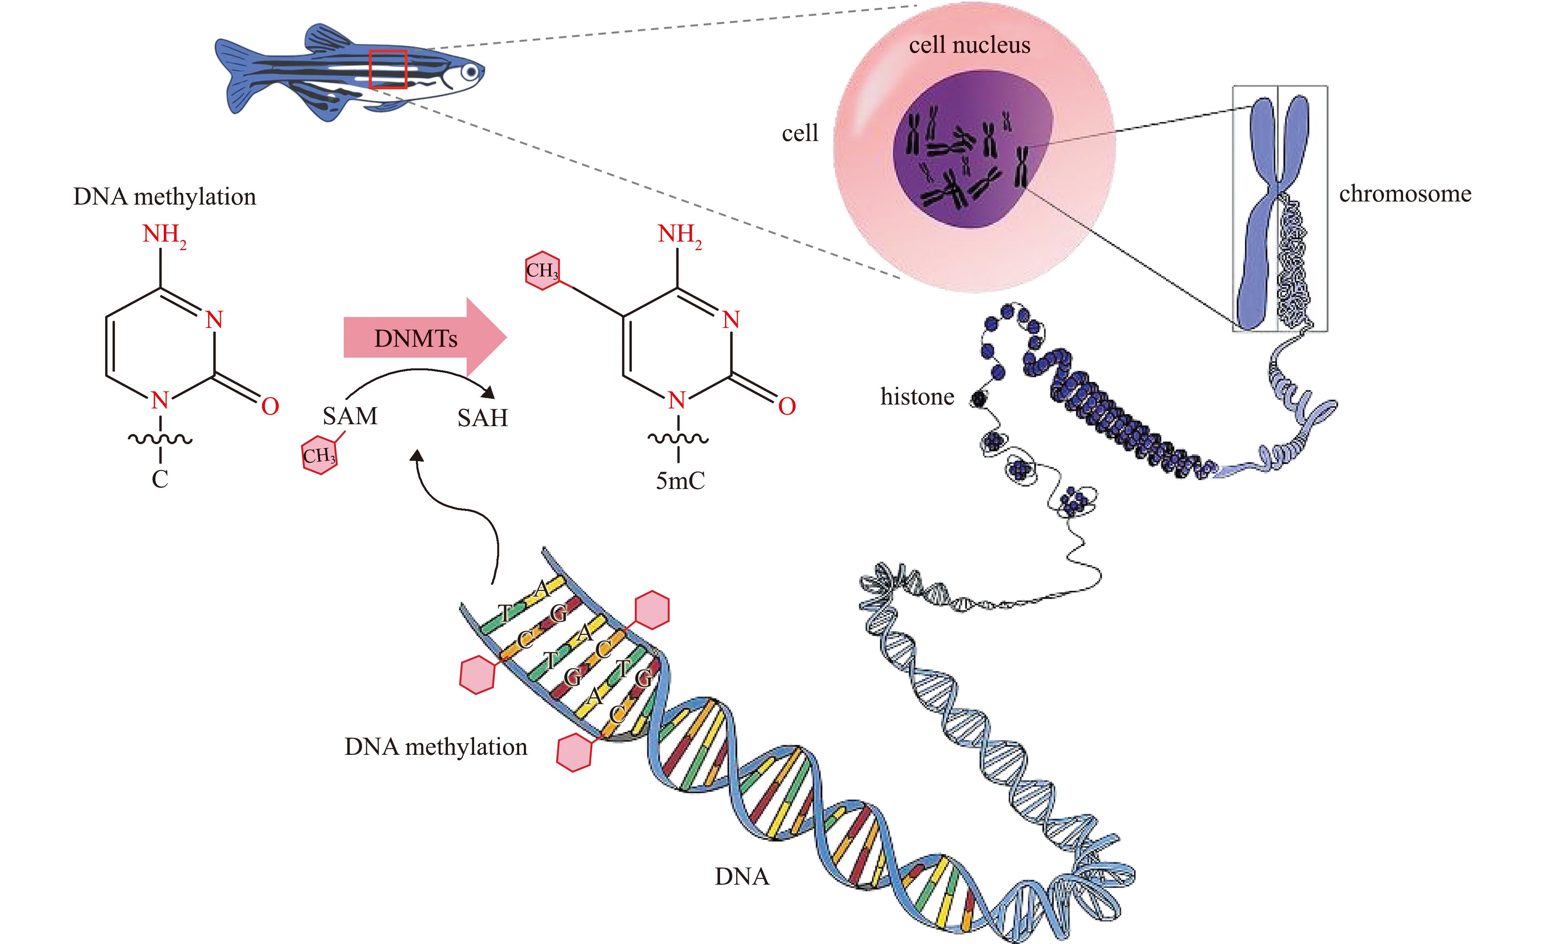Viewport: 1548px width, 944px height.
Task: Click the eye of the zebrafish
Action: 469,73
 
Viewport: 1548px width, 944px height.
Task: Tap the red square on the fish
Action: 388,69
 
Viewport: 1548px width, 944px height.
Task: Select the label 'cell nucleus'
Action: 969,45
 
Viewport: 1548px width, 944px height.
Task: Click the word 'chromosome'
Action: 1405,194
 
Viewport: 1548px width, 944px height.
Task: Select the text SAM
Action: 350,416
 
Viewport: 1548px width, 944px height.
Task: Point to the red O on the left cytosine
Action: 270,407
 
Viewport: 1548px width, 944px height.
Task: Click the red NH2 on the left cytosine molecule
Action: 163,235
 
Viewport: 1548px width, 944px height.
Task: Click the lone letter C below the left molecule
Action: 160,480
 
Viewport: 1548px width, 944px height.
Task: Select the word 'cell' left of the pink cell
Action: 800,133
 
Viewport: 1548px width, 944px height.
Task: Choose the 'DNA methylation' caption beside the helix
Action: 436,747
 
